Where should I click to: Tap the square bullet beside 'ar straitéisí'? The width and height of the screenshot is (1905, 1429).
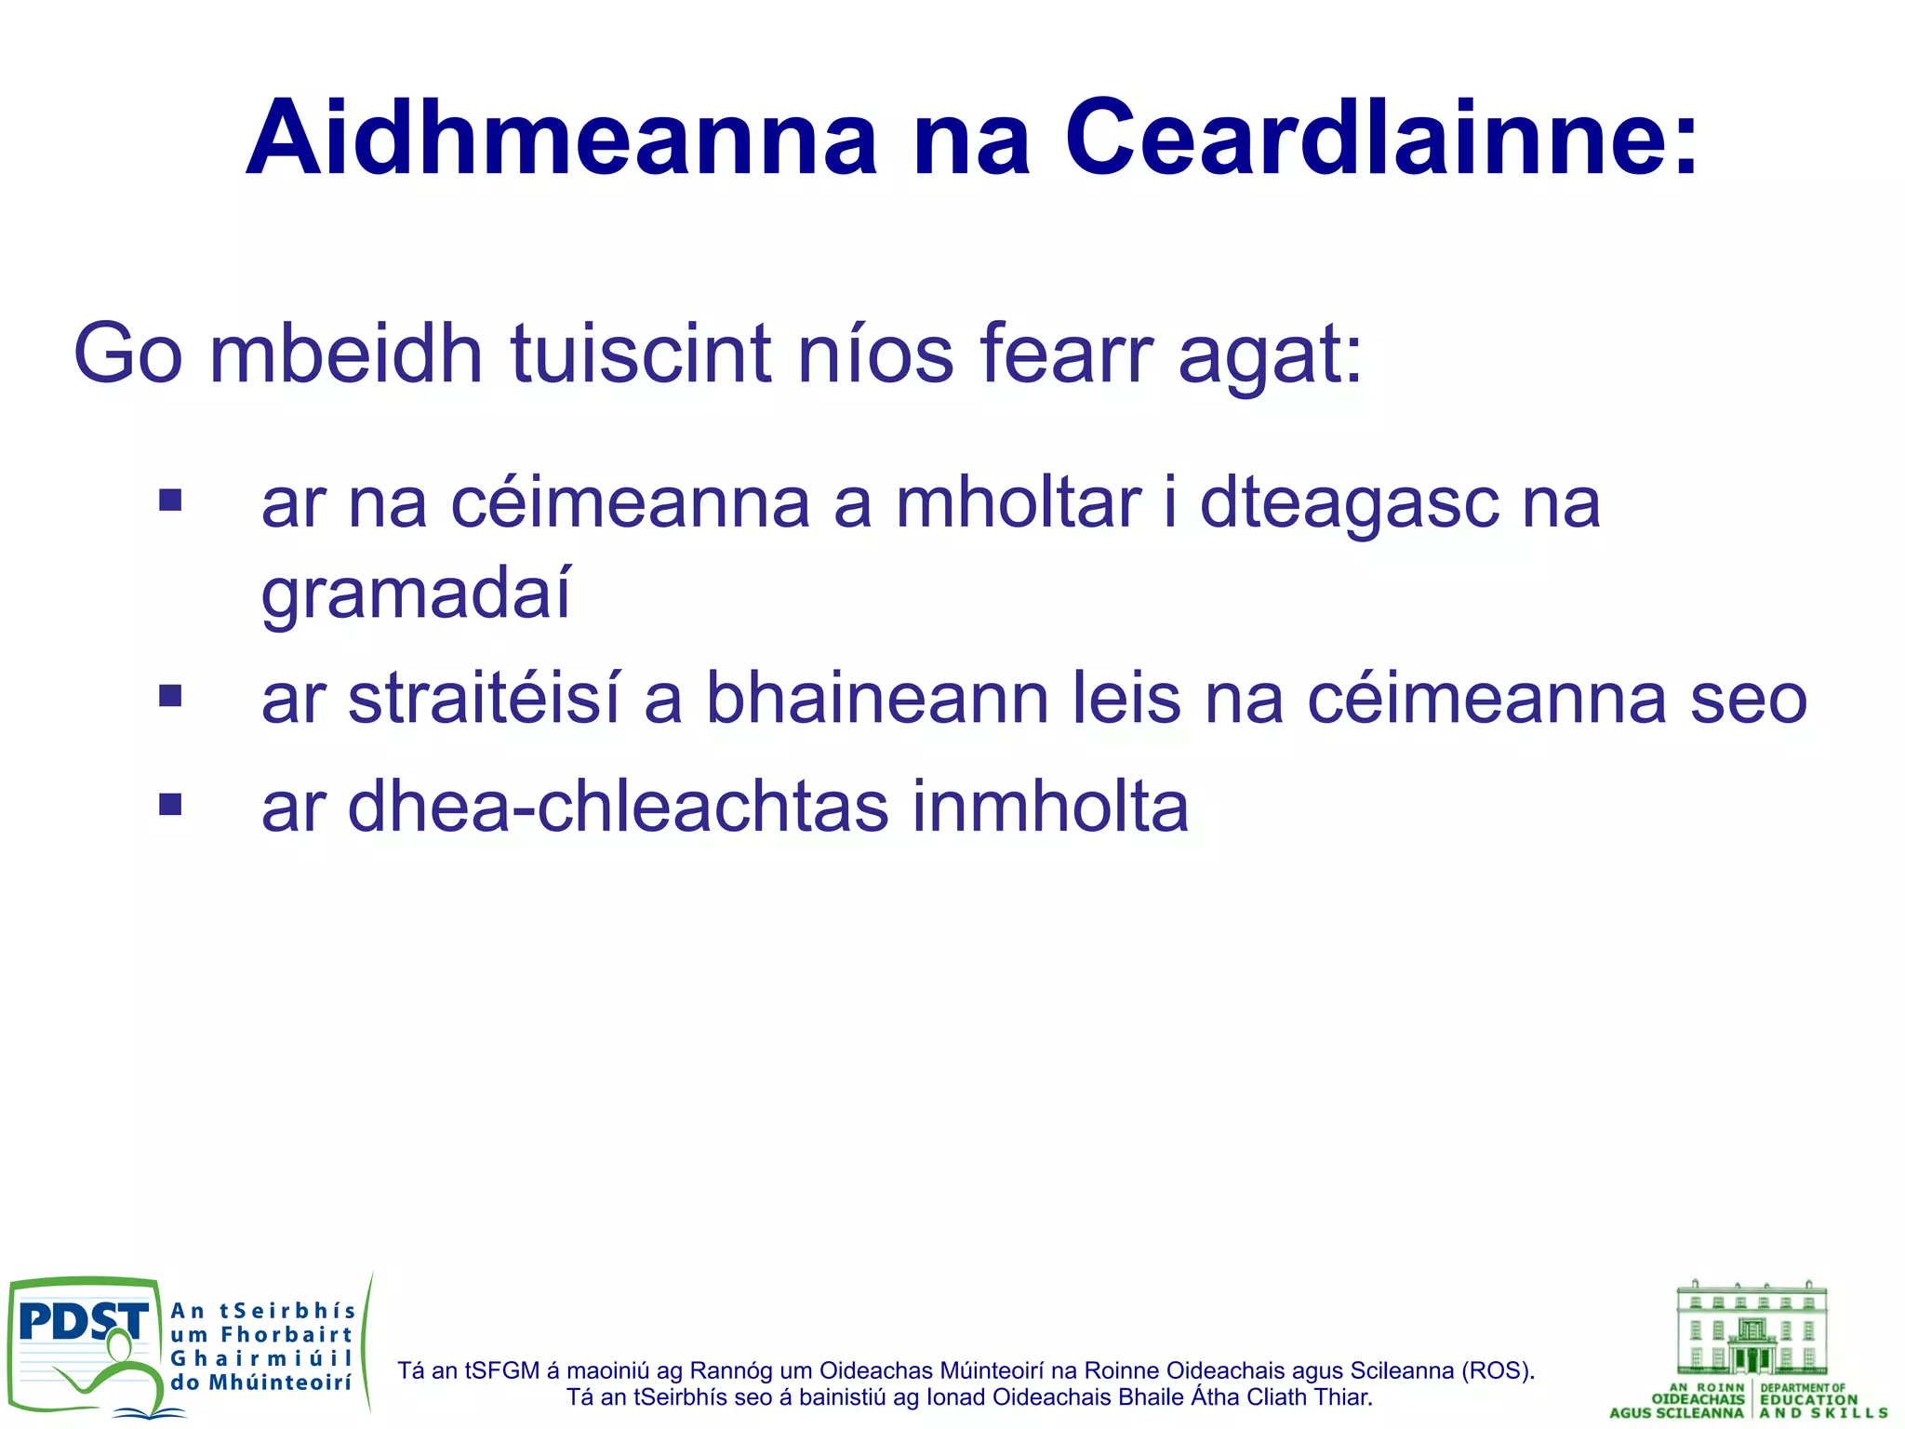tap(170, 696)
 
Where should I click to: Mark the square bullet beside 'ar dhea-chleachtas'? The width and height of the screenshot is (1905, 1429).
tap(170, 804)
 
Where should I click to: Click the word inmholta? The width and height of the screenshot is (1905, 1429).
tap(1049, 807)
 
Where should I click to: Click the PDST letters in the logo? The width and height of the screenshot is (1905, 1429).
tap(84, 1321)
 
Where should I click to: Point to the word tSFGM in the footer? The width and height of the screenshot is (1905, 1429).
tap(502, 1370)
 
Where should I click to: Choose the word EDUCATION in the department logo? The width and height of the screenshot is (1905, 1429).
tap(1808, 1399)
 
